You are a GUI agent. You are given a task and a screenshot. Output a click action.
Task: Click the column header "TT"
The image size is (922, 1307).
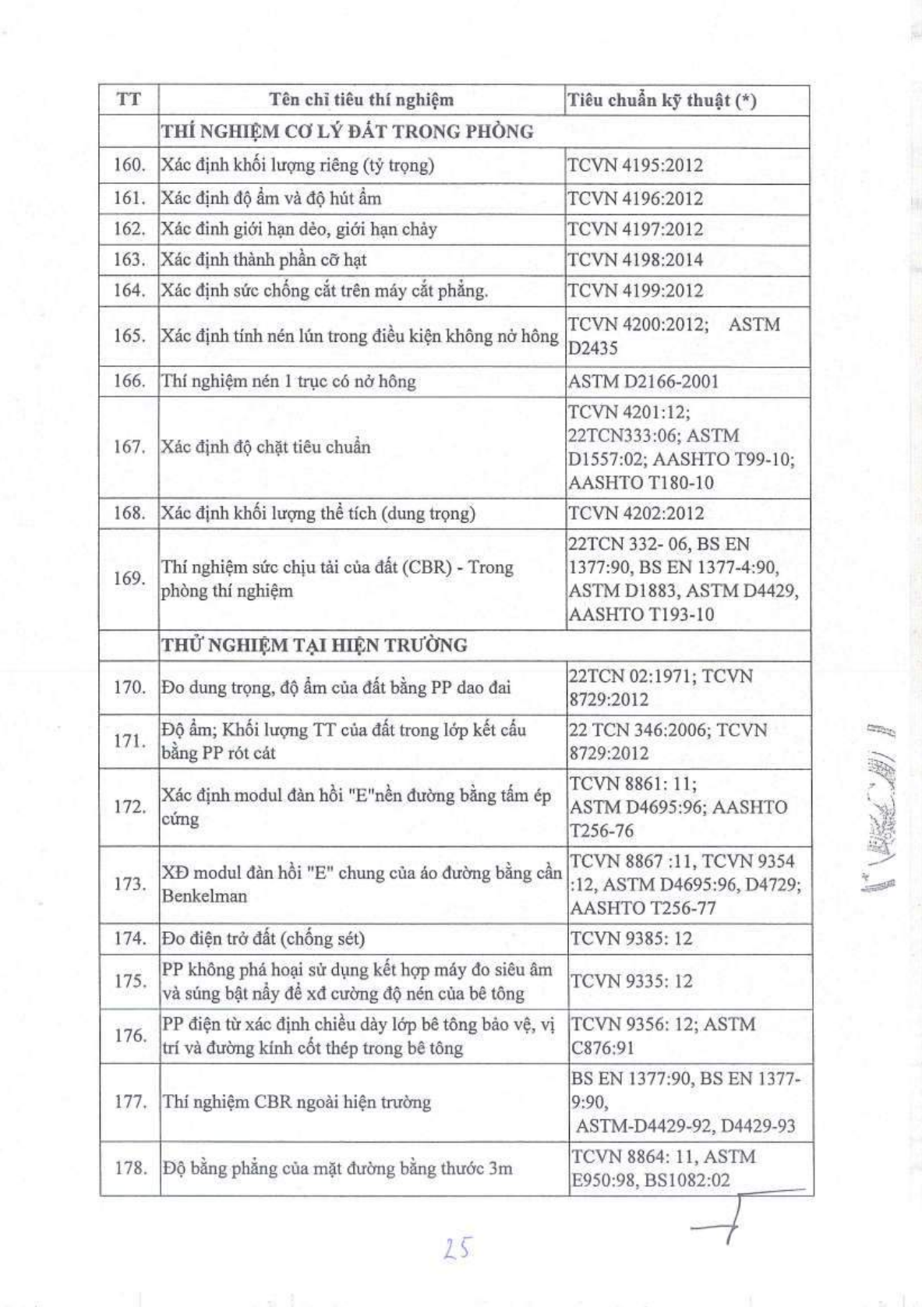[x=129, y=100]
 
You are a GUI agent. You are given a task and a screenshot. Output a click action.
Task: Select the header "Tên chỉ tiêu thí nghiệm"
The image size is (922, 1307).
[x=361, y=100]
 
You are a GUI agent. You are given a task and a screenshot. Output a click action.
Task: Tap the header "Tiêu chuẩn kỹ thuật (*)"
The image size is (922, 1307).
[x=662, y=101]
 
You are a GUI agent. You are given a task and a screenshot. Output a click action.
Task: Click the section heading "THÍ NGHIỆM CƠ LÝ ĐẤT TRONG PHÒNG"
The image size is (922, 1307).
[x=347, y=131]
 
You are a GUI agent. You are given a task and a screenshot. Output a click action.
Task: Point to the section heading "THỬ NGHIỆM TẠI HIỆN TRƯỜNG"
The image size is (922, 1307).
[x=314, y=645]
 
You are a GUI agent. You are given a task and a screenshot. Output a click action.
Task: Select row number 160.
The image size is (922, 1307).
[x=129, y=164]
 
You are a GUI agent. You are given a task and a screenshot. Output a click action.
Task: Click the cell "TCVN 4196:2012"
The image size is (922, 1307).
[x=635, y=198]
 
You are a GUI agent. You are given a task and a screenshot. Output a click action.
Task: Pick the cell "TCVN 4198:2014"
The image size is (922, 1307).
[x=635, y=260]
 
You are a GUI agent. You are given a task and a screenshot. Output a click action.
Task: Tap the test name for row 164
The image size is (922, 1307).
[x=324, y=291]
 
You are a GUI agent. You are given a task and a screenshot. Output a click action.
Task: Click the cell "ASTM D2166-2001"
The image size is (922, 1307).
[x=643, y=381]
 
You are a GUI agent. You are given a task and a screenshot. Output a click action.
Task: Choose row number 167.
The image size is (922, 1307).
[x=129, y=447]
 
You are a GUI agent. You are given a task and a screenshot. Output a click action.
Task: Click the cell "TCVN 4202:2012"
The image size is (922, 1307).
[x=635, y=513]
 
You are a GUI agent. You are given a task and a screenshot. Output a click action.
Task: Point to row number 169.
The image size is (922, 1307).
[x=129, y=578]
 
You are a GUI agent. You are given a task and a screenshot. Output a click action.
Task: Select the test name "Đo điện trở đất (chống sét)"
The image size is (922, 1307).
[x=263, y=938]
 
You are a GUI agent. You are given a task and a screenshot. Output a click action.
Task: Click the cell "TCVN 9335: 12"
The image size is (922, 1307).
[x=631, y=980]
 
